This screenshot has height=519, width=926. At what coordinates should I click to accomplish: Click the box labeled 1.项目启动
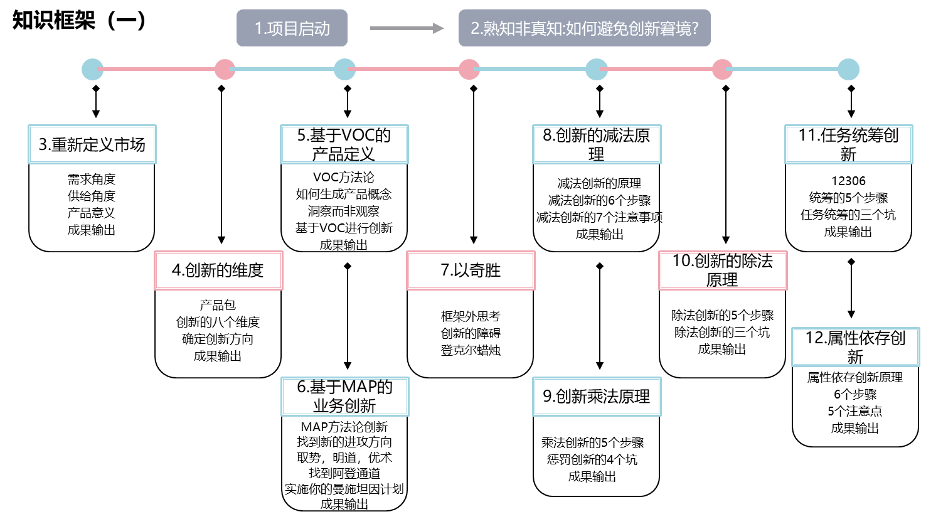[292, 28]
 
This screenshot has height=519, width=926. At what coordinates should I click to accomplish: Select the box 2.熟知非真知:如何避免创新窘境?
[584, 28]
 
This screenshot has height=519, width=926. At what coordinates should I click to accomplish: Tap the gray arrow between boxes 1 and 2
[407, 28]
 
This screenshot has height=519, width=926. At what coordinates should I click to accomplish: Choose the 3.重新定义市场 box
[92, 144]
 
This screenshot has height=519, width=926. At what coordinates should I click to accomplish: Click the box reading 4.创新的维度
[218, 270]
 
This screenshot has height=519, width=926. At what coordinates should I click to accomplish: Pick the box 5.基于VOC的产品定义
[344, 144]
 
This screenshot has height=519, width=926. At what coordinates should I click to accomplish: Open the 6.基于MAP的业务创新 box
[344, 396]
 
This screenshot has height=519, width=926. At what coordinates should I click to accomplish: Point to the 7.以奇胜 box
[471, 270]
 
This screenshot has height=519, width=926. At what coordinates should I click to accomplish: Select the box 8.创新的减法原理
[597, 144]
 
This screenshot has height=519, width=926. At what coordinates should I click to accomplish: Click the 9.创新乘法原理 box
[597, 396]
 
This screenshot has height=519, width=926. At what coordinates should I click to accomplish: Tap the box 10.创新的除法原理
[723, 270]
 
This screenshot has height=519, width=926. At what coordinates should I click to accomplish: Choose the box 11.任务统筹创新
[848, 144]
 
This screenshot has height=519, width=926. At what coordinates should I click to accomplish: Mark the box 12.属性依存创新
[855, 347]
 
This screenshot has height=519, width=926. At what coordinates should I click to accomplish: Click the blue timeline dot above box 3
[93, 69]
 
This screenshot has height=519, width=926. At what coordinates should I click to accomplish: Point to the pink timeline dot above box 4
[225, 69]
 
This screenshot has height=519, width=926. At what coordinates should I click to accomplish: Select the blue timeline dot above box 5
[344, 69]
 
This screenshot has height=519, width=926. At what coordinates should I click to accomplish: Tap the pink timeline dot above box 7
[469, 69]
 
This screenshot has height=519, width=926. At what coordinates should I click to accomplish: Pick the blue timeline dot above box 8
[597, 69]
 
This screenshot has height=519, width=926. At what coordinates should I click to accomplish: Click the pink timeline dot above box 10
[722, 69]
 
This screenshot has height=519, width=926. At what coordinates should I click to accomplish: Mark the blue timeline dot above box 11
[848, 69]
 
